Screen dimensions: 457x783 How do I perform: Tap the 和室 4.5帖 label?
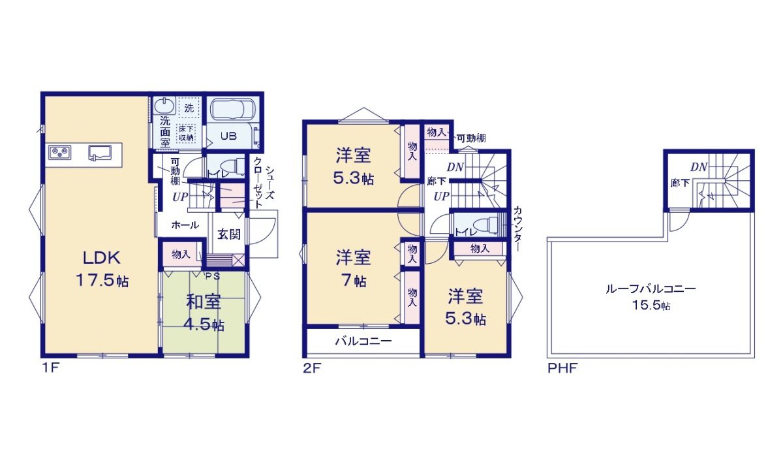coord(204,313)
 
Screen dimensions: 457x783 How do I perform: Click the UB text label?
coord(227,136)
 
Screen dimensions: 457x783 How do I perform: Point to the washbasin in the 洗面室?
coord(165,106)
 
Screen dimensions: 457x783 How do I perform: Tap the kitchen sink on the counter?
coord(100,153)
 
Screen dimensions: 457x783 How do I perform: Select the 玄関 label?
coord(228,234)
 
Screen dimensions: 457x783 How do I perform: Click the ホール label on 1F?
coord(185,225)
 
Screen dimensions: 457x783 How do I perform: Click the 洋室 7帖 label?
coord(353,268)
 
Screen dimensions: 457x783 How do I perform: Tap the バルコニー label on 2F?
coord(363,341)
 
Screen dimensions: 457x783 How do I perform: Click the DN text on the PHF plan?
coord(699,167)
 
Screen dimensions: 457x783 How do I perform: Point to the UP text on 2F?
coord(441,196)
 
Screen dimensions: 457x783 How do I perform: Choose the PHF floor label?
coord(562,368)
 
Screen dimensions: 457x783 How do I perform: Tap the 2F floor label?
coord(311,368)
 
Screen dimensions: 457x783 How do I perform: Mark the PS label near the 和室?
coord(213,275)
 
